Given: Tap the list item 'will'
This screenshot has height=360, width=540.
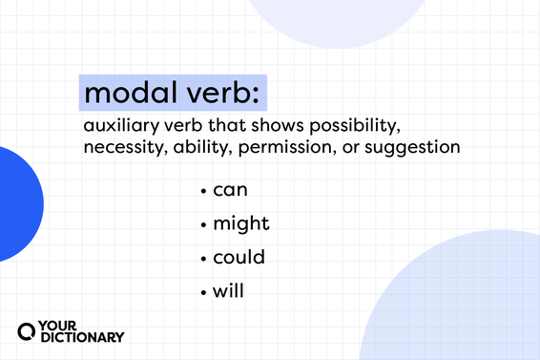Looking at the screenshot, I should pyautogui.click(x=227, y=290).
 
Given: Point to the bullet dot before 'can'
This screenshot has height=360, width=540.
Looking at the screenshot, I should pyautogui.click(x=204, y=192).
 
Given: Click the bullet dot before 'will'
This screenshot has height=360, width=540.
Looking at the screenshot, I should pyautogui.click(x=204, y=291).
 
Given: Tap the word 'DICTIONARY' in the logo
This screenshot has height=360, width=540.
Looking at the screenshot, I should pyautogui.click(x=82, y=336).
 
